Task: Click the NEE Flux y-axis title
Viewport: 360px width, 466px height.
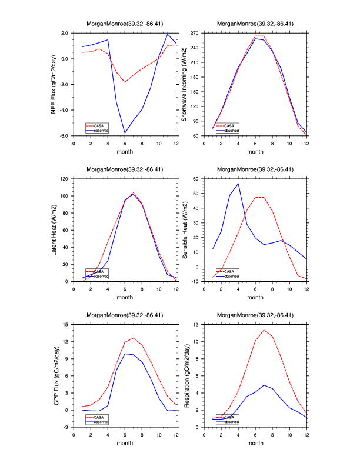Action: (x=53, y=84)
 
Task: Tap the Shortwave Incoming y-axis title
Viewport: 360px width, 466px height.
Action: (x=184, y=84)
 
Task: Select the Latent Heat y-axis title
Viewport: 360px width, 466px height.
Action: (x=53, y=229)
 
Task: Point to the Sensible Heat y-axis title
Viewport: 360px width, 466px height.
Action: (x=185, y=229)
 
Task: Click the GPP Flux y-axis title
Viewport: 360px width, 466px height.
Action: (x=53, y=375)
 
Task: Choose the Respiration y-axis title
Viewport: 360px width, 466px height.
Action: (x=185, y=375)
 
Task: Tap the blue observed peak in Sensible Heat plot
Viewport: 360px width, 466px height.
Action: (x=238, y=184)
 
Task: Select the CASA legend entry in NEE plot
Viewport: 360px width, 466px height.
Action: (x=98, y=126)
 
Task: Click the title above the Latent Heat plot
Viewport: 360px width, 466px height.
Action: (x=125, y=169)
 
